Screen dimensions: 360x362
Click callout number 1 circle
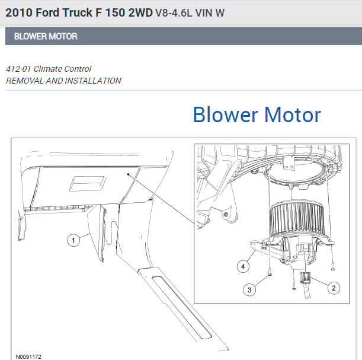tap(73, 240)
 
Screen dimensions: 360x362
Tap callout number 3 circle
tap(250, 289)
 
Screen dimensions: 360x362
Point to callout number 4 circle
tap(242, 267)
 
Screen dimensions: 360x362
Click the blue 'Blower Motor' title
tap(257, 114)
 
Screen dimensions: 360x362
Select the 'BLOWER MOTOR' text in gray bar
tap(46, 36)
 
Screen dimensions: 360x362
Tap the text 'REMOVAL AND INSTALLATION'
tap(63, 81)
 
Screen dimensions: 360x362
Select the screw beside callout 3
tap(270, 273)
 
